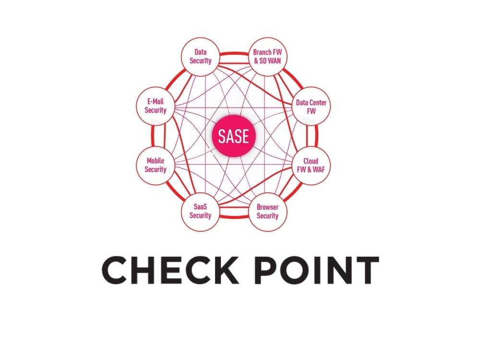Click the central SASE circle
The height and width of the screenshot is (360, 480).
[234, 136]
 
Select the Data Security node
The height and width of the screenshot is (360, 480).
[200, 56]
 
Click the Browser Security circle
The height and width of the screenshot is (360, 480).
[267, 212]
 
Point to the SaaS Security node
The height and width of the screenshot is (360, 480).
[200, 212]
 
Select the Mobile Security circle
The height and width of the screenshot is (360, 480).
[156, 166]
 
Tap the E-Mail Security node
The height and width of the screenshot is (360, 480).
[156, 107]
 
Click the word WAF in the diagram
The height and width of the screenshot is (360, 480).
[319, 169]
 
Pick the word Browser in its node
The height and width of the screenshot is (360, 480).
[267, 207]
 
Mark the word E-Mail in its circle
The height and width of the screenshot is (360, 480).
[156, 102]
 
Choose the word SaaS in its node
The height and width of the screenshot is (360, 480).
[200, 207]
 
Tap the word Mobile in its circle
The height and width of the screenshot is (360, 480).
[156, 161]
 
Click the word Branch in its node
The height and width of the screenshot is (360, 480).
[263, 52]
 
